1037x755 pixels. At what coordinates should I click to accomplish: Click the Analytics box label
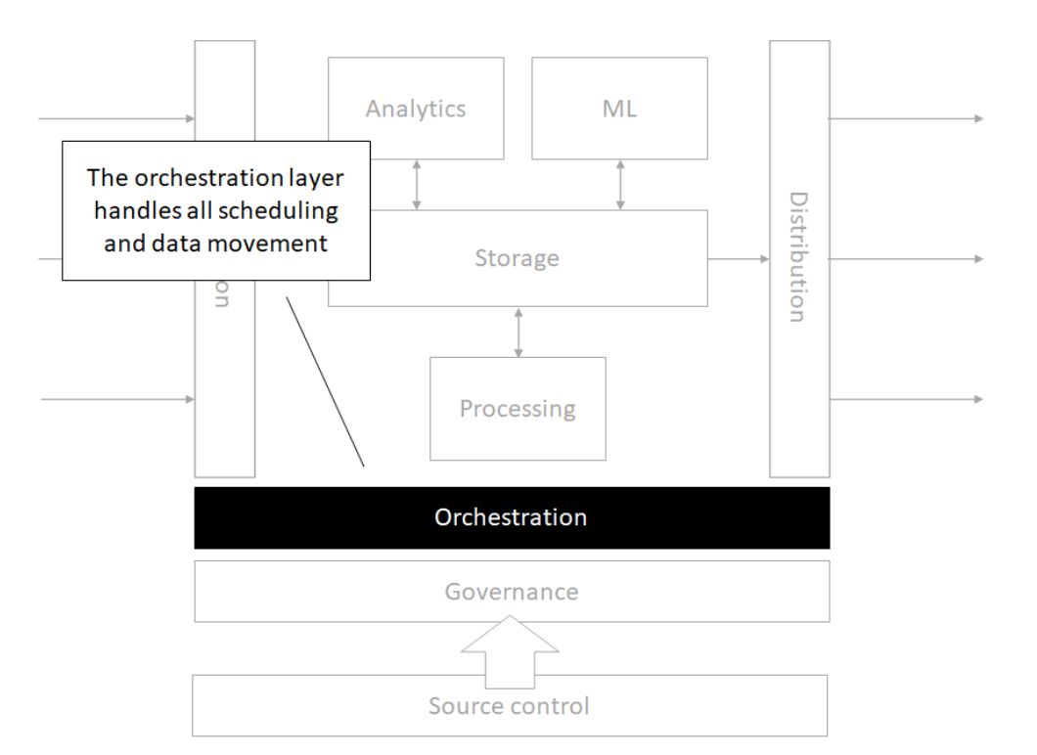[x=416, y=109]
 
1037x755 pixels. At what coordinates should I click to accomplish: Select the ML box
[x=619, y=108]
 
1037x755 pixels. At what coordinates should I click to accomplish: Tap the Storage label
[x=517, y=258]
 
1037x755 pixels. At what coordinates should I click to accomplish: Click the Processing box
[x=518, y=408]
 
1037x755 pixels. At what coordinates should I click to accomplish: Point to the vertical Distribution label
[x=799, y=257]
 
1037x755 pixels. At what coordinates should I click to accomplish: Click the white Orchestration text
[x=511, y=517]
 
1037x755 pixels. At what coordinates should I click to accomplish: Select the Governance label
[x=511, y=592]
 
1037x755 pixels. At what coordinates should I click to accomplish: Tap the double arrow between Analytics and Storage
[x=417, y=186]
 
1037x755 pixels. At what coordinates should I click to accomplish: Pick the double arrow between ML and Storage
[x=620, y=185]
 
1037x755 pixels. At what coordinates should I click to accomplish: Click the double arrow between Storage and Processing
[x=518, y=332]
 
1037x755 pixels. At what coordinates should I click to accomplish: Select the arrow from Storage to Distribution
[x=738, y=259]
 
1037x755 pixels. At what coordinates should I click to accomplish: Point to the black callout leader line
[x=325, y=381]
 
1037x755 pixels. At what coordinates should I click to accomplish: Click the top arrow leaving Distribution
[x=906, y=118]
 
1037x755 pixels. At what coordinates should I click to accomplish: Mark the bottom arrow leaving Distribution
[x=906, y=400]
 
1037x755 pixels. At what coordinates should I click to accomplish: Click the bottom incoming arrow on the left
[x=117, y=399]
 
